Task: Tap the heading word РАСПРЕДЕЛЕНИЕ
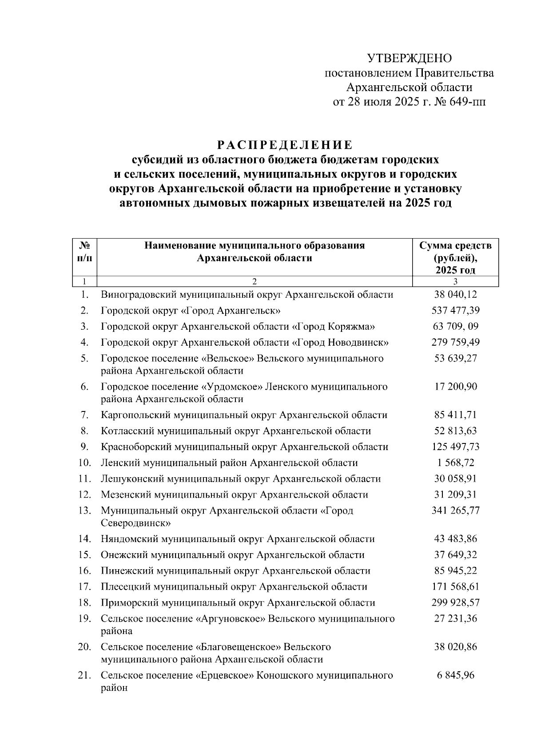click(x=285, y=145)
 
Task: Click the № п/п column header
click(x=84, y=251)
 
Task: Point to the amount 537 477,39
click(x=455, y=311)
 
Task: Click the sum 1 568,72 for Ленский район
click(x=455, y=463)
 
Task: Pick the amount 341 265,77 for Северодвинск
click(x=455, y=511)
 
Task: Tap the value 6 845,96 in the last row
click(x=455, y=675)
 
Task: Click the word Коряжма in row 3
click(x=351, y=327)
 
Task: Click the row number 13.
click(x=84, y=511)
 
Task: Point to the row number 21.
click(x=84, y=675)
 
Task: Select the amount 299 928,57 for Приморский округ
click(x=455, y=603)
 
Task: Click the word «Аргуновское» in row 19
click(x=230, y=618)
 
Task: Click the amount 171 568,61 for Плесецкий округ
click(x=455, y=587)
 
